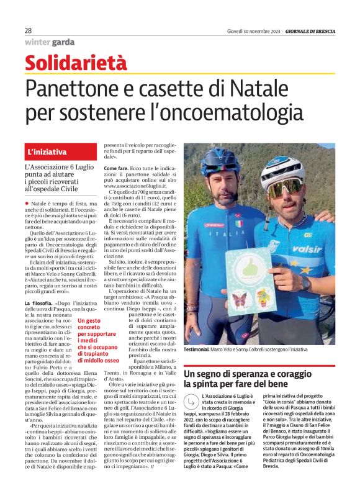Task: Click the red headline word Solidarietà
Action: pyautogui.click(x=76, y=63)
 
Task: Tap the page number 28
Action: pyautogui.click(x=29, y=30)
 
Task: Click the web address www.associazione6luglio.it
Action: pyautogui.click(x=137, y=185)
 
